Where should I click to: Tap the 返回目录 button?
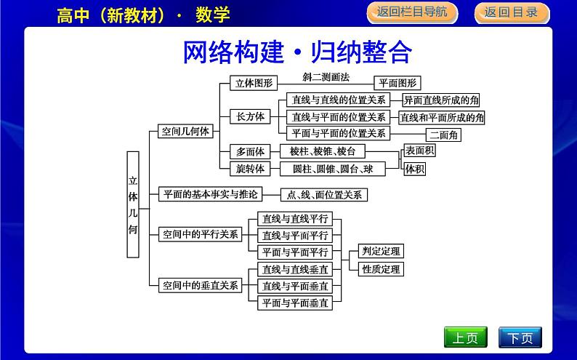[x=511, y=12]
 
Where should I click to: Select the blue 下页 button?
[x=520, y=337]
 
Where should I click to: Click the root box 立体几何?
[x=133, y=204]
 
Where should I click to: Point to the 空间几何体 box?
[x=185, y=132]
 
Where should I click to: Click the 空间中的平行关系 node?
[x=200, y=234]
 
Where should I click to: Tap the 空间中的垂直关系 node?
[x=200, y=285]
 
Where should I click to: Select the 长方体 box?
[x=249, y=116]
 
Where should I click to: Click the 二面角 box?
[x=443, y=135]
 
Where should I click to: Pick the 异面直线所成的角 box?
[x=441, y=100]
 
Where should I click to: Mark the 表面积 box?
[x=419, y=151]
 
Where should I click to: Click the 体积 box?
[x=414, y=169]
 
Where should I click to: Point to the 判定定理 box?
[x=381, y=252]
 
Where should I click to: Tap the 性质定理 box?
[x=381, y=269]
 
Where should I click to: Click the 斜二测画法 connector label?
[x=324, y=76]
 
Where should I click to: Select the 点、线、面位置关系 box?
[x=324, y=195]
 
